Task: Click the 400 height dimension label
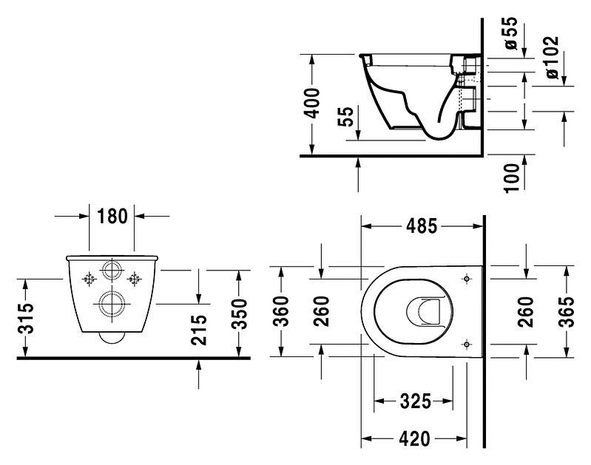point(313,103)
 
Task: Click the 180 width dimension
point(112,216)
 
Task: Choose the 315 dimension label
point(25,318)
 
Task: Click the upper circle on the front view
point(112,270)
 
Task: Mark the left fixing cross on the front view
point(90,279)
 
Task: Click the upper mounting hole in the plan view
point(466,279)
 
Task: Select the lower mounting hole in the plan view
point(466,342)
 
